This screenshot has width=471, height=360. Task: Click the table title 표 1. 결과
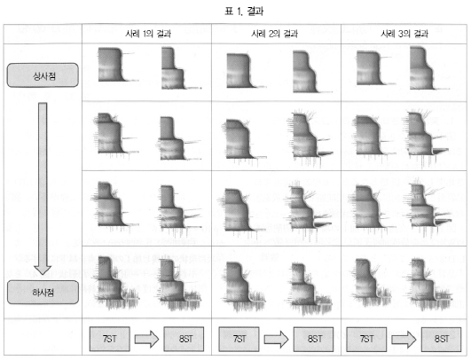[244, 12]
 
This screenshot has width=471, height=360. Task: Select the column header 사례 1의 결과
[148, 34]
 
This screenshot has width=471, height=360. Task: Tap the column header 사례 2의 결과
[275, 34]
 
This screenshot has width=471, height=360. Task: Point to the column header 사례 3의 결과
[404, 34]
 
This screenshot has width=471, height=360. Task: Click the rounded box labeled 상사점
[43, 75]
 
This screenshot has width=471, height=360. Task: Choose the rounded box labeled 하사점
[43, 292]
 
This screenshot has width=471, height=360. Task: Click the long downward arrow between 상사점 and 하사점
[43, 189]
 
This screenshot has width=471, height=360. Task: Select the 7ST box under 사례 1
[110, 339]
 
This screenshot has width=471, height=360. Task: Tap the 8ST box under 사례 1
[184, 339]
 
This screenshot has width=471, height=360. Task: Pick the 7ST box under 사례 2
[239, 340]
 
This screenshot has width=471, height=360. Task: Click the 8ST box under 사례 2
[313, 340]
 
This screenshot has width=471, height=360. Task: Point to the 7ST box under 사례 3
[366, 340]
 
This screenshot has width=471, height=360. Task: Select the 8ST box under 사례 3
[441, 340]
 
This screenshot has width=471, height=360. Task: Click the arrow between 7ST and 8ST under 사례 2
[277, 340]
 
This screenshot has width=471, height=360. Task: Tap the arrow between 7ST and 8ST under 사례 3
[404, 340]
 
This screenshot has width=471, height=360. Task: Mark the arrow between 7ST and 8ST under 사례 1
[146, 339]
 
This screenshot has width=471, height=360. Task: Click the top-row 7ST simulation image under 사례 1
[116, 65]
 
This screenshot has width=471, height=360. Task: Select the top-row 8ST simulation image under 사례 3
[429, 68]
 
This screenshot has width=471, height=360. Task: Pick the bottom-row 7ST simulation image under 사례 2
[243, 282]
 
